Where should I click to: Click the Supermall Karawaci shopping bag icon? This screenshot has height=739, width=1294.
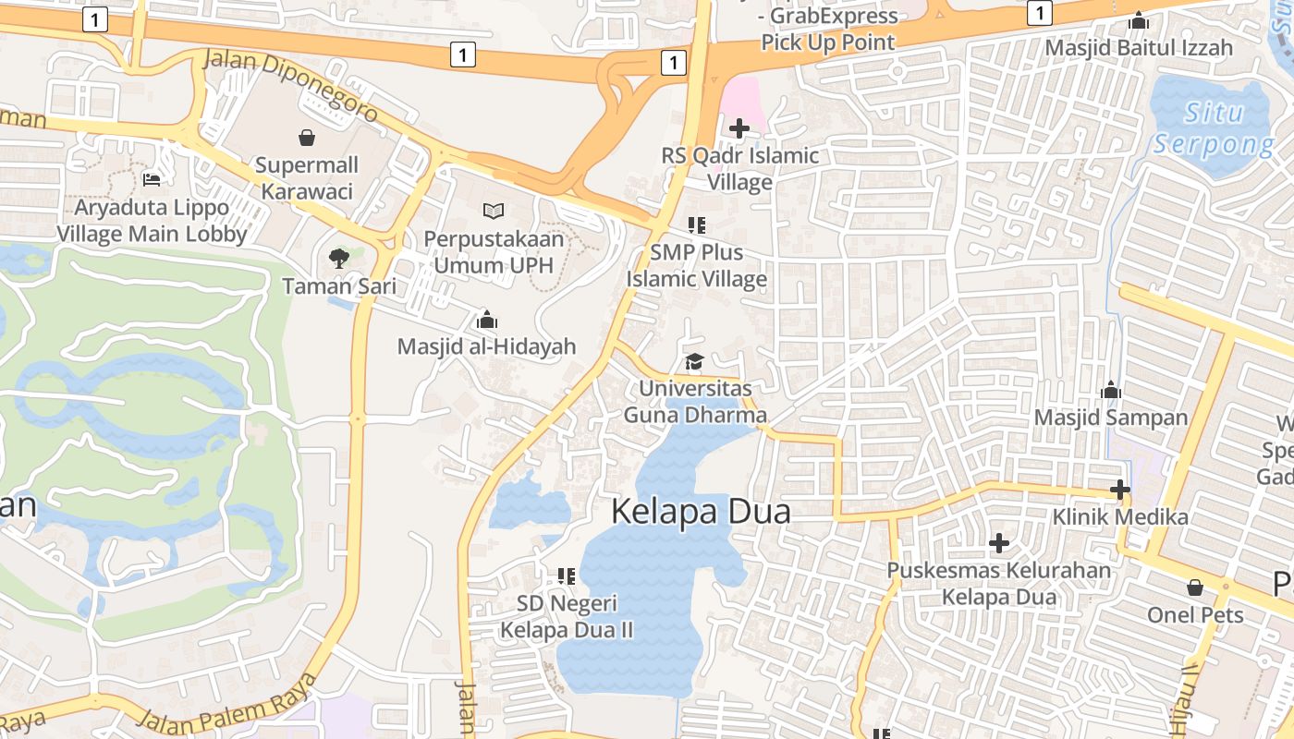(307, 139)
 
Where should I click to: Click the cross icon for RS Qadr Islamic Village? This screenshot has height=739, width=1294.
(739, 128)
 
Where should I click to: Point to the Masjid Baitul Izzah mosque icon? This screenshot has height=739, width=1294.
(1139, 20)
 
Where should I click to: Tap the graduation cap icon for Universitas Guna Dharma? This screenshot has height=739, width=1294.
(694, 362)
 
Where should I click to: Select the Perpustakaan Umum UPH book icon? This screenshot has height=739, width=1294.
(494, 211)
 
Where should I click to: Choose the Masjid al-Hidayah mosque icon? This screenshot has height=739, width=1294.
(486, 321)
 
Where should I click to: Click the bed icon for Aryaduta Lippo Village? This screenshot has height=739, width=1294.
(153, 179)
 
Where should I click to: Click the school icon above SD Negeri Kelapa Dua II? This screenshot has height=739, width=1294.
(567, 576)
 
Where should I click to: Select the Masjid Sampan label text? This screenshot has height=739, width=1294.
(1110, 418)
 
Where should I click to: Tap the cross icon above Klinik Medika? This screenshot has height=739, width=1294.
(1120, 489)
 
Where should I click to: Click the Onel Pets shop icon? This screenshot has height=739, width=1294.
(1195, 587)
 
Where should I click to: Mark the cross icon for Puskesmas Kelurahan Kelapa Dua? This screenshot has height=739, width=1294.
(998, 543)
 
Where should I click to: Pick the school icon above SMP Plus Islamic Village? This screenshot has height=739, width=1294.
(697, 224)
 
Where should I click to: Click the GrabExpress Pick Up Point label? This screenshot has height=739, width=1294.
(828, 29)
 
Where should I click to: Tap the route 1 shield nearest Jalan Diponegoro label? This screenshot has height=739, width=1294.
(463, 55)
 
